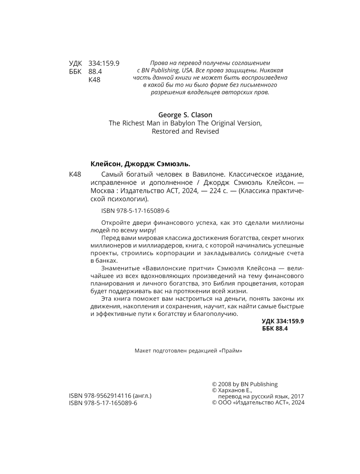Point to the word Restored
click(165, 131)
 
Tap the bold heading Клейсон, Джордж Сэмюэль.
click(140, 164)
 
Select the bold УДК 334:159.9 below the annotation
click(283, 321)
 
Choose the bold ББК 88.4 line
click(275, 328)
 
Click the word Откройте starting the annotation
click(116, 223)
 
